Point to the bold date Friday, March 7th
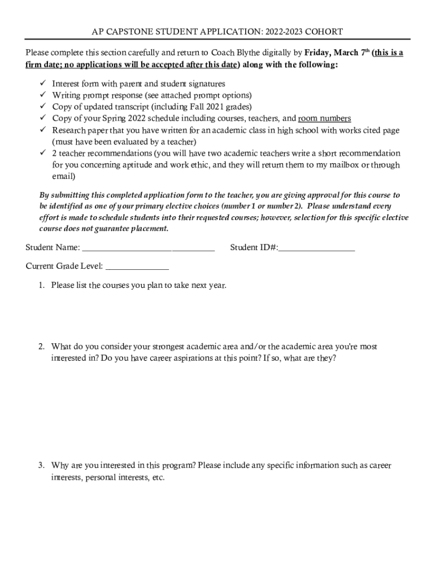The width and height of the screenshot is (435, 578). [x=337, y=53]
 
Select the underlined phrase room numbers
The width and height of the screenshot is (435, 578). [x=324, y=119]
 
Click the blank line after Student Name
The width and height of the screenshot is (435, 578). [x=149, y=248]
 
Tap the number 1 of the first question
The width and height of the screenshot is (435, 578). [x=41, y=285]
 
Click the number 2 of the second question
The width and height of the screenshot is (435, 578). [x=41, y=347]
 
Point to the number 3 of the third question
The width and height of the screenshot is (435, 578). [x=41, y=466]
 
